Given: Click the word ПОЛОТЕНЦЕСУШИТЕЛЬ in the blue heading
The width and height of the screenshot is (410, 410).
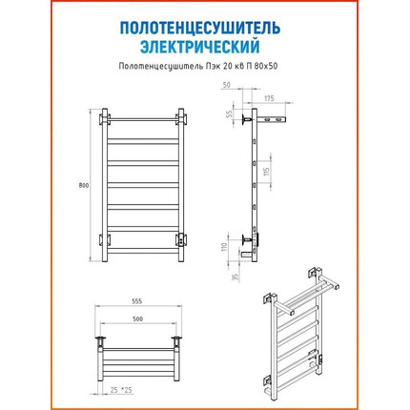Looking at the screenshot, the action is pyautogui.click(x=200, y=29).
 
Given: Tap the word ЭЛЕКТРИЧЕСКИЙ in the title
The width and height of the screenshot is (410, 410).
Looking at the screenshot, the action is pyautogui.click(x=200, y=47).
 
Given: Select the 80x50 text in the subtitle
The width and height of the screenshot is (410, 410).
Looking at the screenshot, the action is pyautogui.click(x=267, y=66).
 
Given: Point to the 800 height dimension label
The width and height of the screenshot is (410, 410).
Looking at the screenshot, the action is pyautogui.click(x=84, y=186).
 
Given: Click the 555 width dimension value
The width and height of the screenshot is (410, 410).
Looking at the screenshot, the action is pyautogui.click(x=137, y=301).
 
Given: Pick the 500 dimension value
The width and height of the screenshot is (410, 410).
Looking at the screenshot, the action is pyautogui.click(x=137, y=319).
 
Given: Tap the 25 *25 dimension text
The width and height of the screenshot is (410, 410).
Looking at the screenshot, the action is pyautogui.click(x=121, y=390).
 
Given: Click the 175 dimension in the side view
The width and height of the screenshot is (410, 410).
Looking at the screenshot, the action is pyautogui.click(x=269, y=98).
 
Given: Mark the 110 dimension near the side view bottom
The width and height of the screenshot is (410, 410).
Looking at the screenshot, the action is pyautogui.click(x=225, y=247).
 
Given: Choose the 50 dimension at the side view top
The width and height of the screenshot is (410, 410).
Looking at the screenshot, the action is pyautogui.click(x=227, y=85).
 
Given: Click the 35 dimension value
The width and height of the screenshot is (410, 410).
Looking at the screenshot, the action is pyautogui.click(x=235, y=277).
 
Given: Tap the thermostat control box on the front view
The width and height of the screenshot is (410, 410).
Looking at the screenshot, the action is pyautogui.click(x=181, y=239).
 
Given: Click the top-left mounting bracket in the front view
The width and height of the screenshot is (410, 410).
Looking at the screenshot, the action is pyautogui.click(x=105, y=119).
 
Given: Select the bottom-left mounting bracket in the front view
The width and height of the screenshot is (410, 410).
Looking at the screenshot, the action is pyautogui.click(x=105, y=239).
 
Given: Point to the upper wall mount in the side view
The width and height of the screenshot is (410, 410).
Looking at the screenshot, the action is pyautogui.click(x=246, y=119).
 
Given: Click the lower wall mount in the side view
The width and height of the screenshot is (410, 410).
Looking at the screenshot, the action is pyautogui.click(x=246, y=239).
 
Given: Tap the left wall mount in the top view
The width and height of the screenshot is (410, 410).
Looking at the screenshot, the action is pyautogui.click(x=99, y=341).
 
